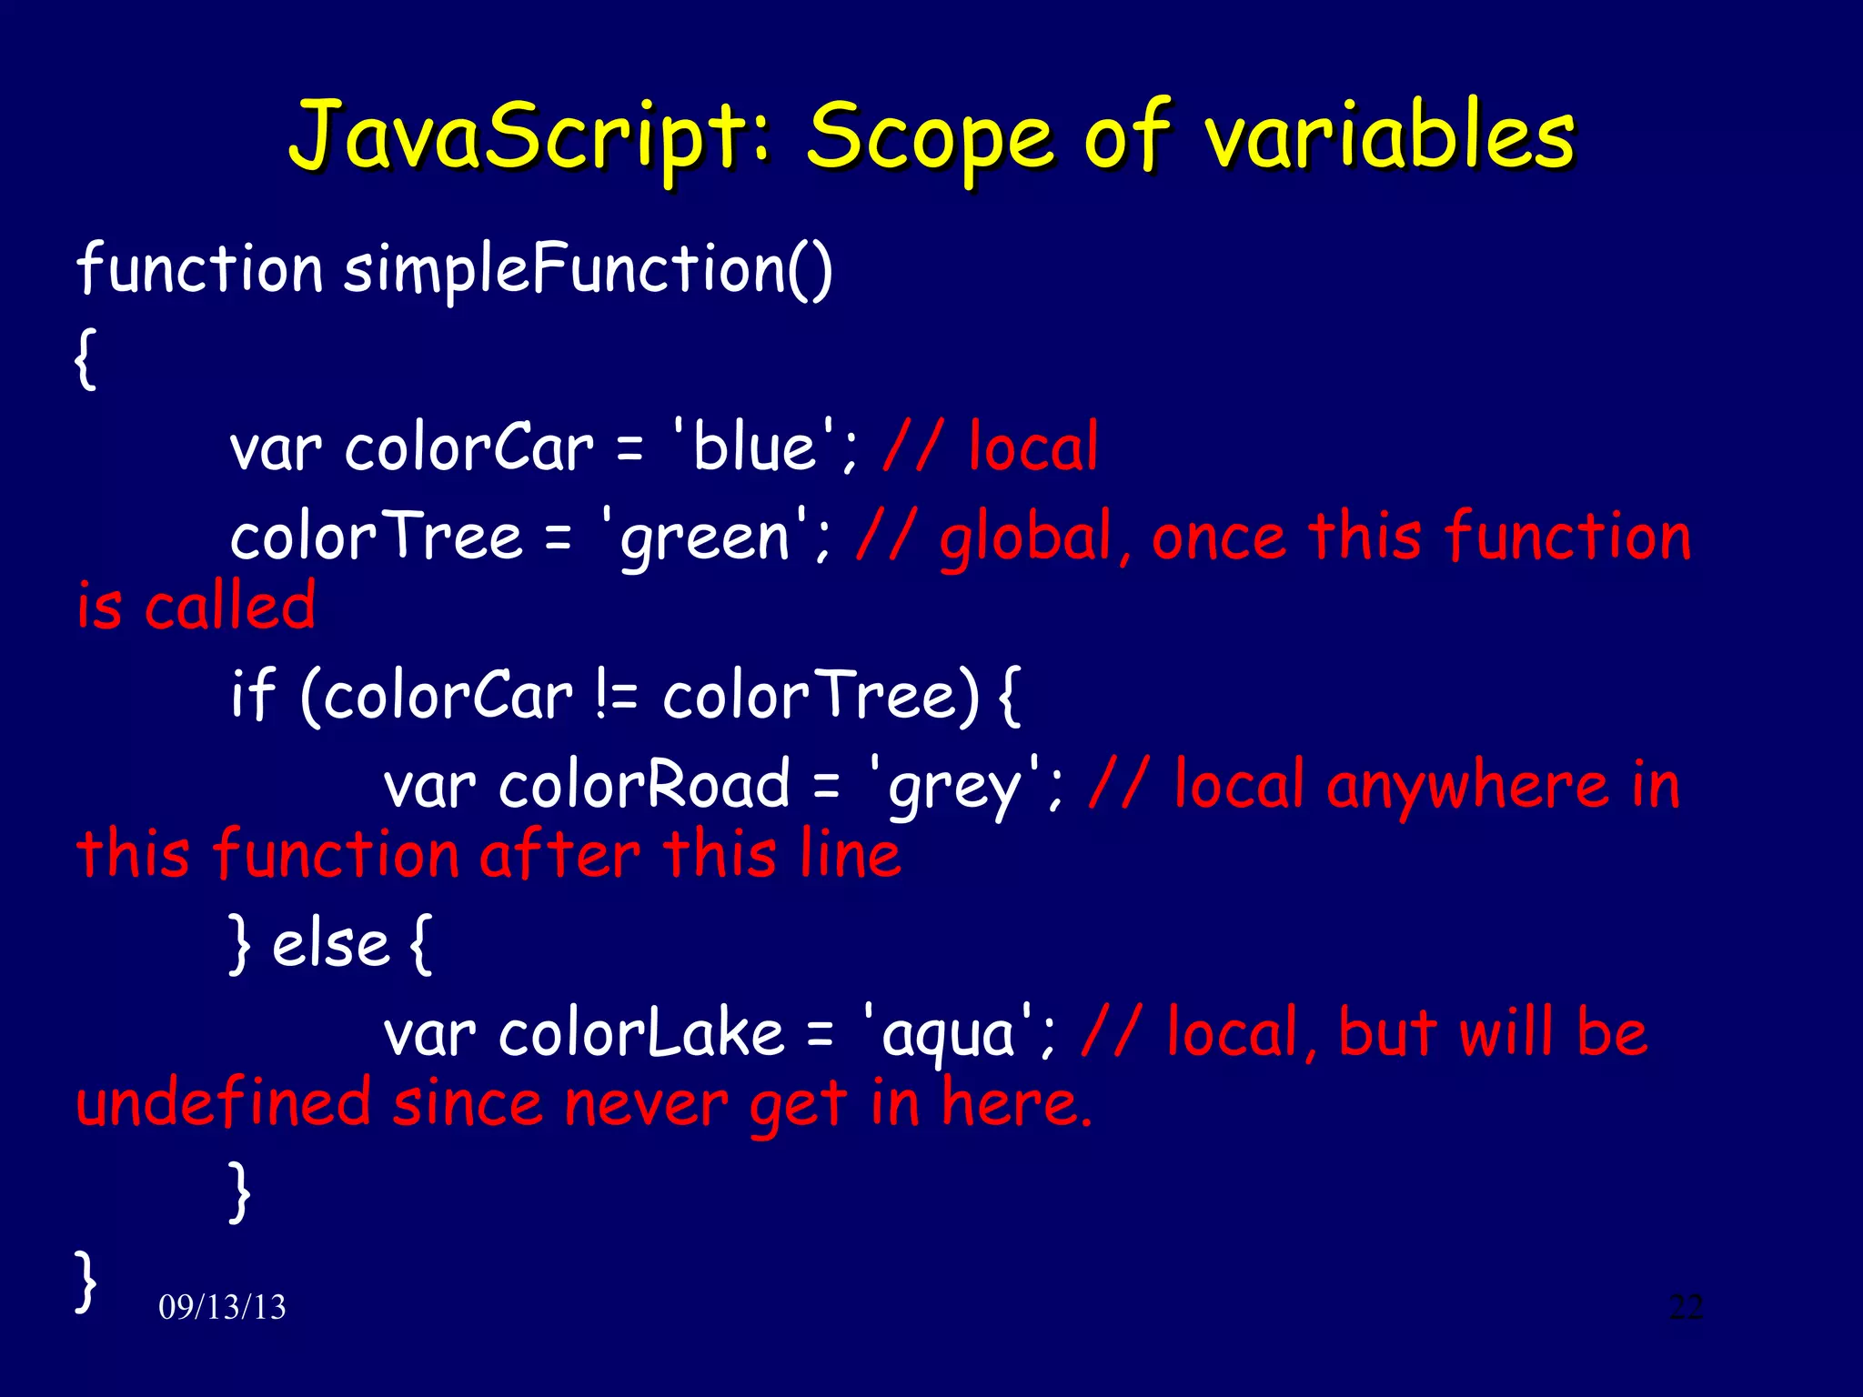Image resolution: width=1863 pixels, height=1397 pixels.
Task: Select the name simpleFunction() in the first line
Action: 588,269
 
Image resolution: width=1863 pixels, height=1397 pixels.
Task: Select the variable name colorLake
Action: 641,1034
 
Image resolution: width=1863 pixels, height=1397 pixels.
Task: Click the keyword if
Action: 252,695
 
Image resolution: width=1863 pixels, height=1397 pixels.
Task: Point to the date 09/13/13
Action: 222,1307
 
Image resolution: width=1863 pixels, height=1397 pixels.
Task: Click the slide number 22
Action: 1686,1307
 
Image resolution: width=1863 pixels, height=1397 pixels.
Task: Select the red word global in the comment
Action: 1026,537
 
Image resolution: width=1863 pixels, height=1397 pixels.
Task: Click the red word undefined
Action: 223,1103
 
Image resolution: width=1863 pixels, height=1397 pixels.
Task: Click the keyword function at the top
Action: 199,269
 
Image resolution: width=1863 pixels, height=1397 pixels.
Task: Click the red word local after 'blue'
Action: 1033,447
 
